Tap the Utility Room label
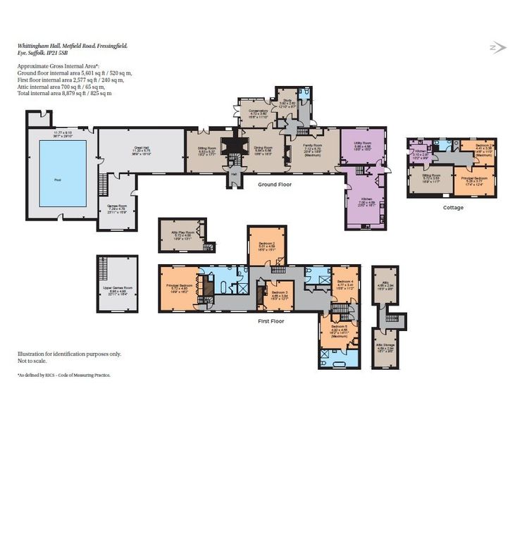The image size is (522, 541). (363, 144)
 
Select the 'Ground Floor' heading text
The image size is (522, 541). (274, 185)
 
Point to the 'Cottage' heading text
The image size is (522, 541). (453, 208)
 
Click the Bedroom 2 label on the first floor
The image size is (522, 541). (266, 243)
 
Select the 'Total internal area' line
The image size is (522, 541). (65, 93)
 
